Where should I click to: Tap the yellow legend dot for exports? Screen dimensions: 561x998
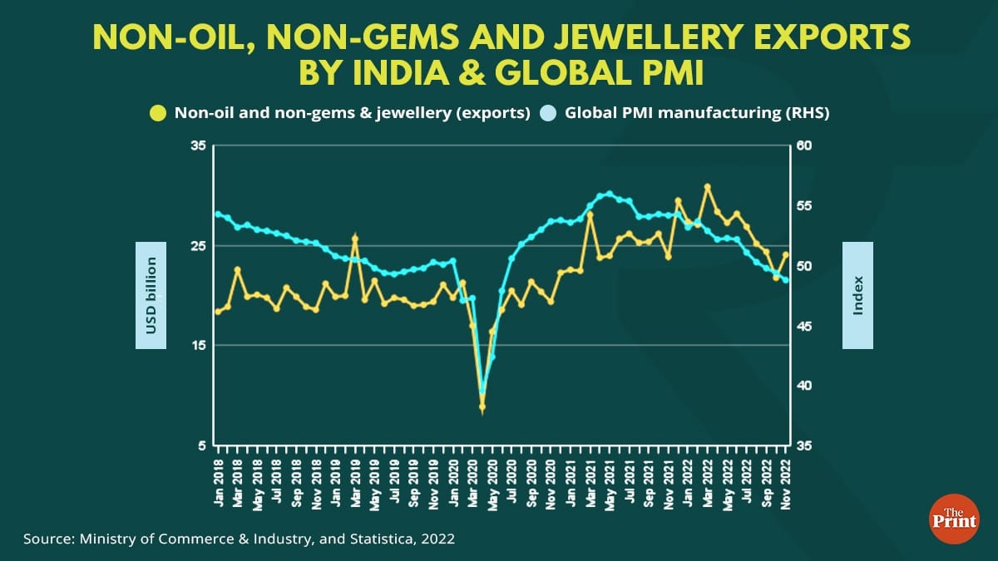pyautogui.click(x=156, y=113)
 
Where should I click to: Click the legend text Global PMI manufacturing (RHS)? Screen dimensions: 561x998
pyautogui.click(x=697, y=113)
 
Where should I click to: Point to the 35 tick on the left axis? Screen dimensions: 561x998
pyautogui.click(x=197, y=146)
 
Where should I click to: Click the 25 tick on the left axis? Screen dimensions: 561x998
pyautogui.click(x=197, y=246)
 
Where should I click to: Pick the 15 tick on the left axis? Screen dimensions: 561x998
pyautogui.click(x=197, y=346)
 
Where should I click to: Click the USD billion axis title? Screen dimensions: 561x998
pyautogui.click(x=151, y=296)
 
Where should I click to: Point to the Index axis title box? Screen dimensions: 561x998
pyautogui.click(x=857, y=296)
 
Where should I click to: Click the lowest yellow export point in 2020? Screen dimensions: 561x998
pyautogui.click(x=482, y=406)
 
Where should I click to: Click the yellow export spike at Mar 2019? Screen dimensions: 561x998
pyautogui.click(x=355, y=239)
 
